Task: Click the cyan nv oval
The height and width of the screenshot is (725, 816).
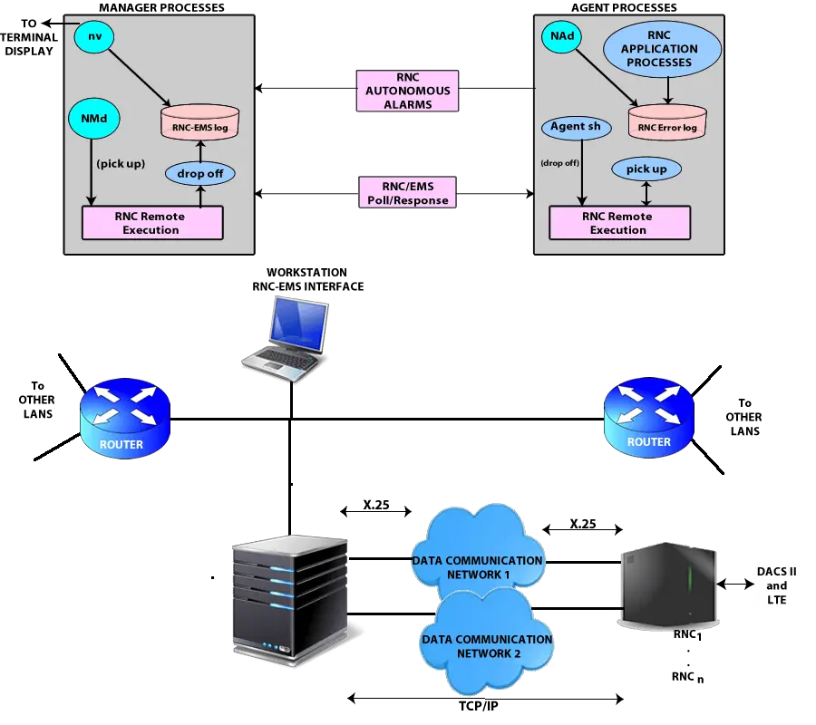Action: pyautogui.click(x=94, y=35)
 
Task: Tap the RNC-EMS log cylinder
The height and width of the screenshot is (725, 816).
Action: pyautogui.click(x=193, y=122)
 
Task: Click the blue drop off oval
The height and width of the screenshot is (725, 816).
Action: pyautogui.click(x=199, y=172)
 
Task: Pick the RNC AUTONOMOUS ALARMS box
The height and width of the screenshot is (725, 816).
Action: pyautogui.click(x=408, y=91)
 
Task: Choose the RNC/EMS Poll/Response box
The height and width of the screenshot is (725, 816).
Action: pyautogui.click(x=407, y=193)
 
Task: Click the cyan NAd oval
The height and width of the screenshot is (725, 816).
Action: pyautogui.click(x=560, y=36)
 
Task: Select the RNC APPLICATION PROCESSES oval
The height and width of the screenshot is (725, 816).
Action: pyautogui.click(x=663, y=49)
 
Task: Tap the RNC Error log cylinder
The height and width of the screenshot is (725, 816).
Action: pyautogui.click(x=667, y=121)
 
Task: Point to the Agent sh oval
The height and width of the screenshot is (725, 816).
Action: pyautogui.click(x=576, y=127)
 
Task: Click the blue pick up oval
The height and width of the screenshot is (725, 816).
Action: pyautogui.click(x=646, y=169)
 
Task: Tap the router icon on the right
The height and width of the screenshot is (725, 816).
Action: pyautogui.click(x=649, y=417)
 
